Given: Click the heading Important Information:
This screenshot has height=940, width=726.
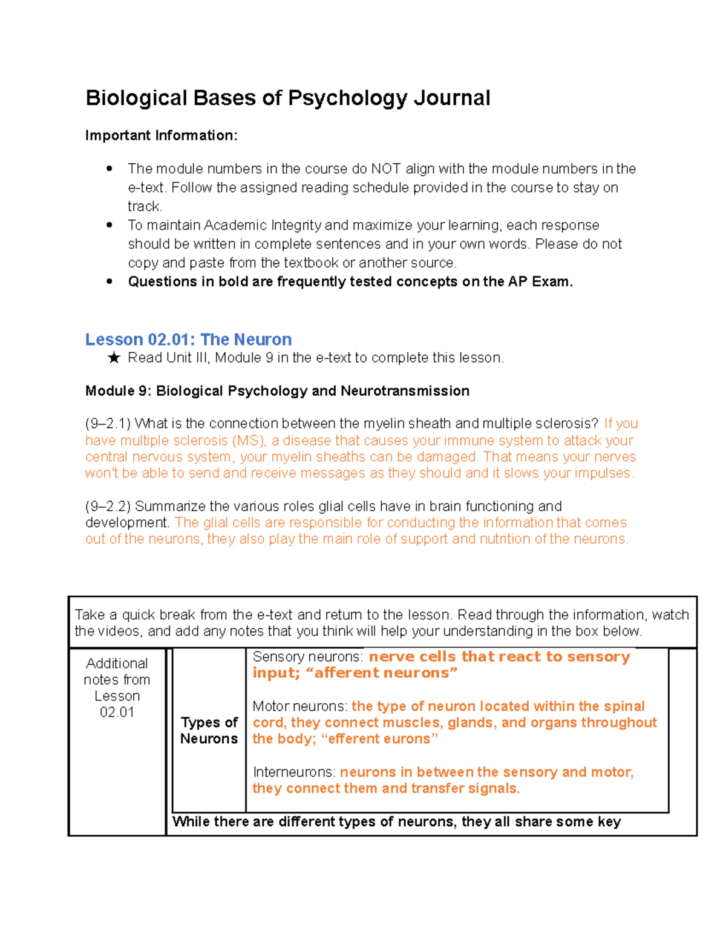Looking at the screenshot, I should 161,136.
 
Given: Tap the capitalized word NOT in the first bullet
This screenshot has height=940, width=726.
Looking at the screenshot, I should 385,169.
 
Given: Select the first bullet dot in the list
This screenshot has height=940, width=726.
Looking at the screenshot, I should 110,169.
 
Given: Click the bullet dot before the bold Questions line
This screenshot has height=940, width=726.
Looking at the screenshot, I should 110,281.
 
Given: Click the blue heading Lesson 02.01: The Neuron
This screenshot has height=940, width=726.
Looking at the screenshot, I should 188,340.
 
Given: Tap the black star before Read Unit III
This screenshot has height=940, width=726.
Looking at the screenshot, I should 113,358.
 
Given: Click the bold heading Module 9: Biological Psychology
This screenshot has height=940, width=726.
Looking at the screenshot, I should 277,391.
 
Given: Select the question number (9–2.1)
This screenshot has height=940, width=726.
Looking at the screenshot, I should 108,424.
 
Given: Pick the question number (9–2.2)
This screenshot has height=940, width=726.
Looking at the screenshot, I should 108,506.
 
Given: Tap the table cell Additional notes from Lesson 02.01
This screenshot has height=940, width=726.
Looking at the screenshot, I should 117,688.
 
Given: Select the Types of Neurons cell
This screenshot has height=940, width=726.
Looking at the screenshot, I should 209,731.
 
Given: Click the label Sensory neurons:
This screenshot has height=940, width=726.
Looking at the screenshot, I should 307,657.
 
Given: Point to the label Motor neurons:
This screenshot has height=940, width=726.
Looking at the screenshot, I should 299,706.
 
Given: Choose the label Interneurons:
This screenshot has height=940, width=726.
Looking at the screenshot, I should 294,772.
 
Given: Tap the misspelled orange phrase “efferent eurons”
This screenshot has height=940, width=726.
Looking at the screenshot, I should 379,739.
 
